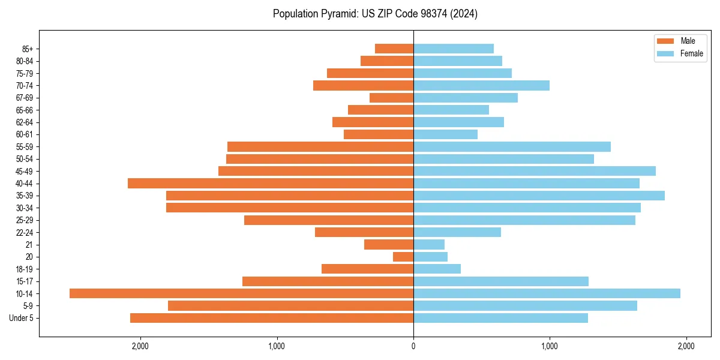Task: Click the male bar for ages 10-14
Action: [x=241, y=293]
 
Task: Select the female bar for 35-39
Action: [x=539, y=196]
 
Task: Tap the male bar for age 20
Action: [x=403, y=257]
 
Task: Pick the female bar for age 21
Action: [x=429, y=245]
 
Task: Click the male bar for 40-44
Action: [x=271, y=183]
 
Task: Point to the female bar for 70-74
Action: [x=481, y=85]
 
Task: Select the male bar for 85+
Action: [x=394, y=49]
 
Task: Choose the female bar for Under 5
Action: [x=500, y=318]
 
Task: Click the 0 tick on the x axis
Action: [x=413, y=346]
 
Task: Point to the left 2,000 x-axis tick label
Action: [x=140, y=346]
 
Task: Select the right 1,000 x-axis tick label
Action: [x=550, y=346]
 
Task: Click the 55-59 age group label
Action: [x=25, y=147]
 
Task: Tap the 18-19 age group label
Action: [x=25, y=269]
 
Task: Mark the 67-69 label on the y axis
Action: [x=25, y=98]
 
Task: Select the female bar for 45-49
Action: [x=535, y=171]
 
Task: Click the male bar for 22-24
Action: [x=364, y=232]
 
